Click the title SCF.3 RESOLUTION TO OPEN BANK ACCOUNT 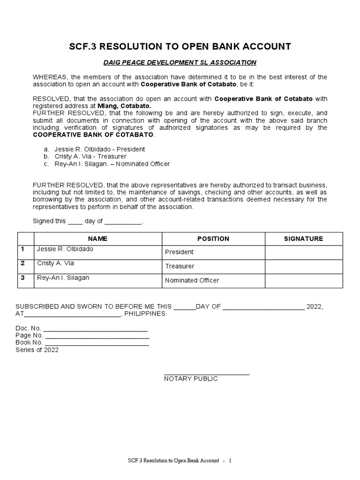tap(180, 46)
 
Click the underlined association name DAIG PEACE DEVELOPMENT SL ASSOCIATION tap(180, 62)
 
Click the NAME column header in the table tap(97, 239)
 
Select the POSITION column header tap(213, 239)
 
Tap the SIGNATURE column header tap(303, 239)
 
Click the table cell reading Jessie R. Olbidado tap(65, 249)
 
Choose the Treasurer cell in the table tap(180, 266)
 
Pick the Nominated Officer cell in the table tap(192, 280)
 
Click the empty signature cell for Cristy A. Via tap(303, 267)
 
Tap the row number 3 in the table tap(22, 277)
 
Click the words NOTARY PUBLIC tap(191, 379)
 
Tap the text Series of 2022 tap(37, 350)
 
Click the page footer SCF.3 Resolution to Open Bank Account tap(173, 460)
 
